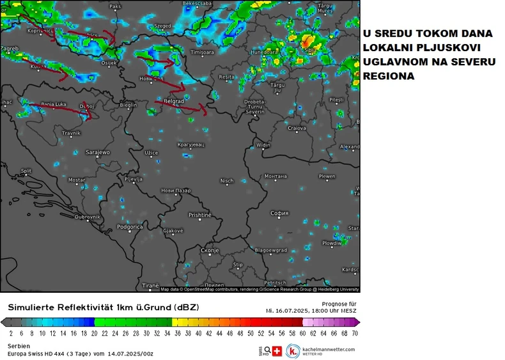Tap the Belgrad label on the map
174,101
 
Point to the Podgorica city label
130,226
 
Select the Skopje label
210,250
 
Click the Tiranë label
150,285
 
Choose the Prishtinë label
199,215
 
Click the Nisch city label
227,181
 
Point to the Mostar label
77,180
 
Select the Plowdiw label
332,243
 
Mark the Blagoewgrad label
271,250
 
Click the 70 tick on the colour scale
355,333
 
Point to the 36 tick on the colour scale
179,333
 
